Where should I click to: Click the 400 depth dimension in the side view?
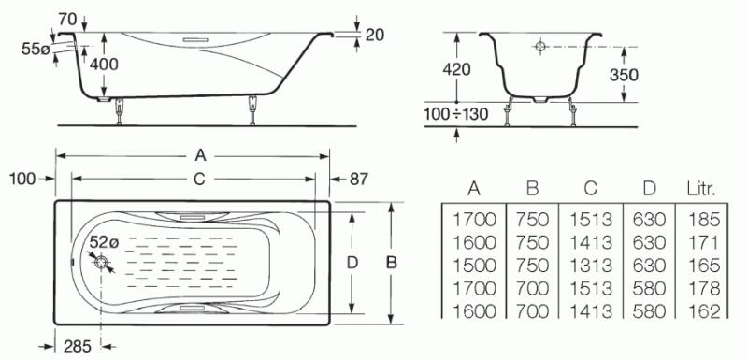pyautogui.click(x=104, y=64)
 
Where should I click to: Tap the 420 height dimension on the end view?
pyautogui.click(x=456, y=69)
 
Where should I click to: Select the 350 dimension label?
pyautogui.click(x=624, y=75)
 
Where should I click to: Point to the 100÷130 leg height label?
pyautogui.click(x=456, y=114)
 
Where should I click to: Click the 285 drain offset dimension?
pyautogui.click(x=78, y=347)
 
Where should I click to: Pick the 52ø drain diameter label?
pyautogui.click(x=105, y=243)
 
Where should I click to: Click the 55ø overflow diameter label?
pyautogui.click(x=36, y=49)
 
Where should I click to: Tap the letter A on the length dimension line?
pyautogui.click(x=201, y=155)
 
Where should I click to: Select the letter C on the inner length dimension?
pyautogui.click(x=199, y=179)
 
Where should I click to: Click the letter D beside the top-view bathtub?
pyautogui.click(x=352, y=263)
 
